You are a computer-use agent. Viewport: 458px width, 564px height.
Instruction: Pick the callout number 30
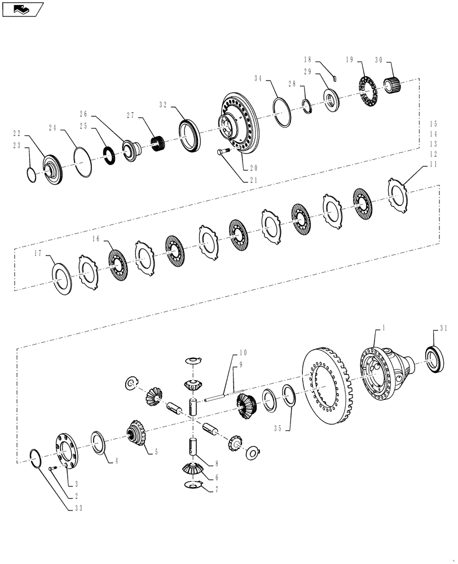tap(378, 61)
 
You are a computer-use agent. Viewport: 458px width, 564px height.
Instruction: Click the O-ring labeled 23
tap(33, 174)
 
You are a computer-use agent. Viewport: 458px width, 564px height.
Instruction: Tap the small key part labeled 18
tap(333, 78)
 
